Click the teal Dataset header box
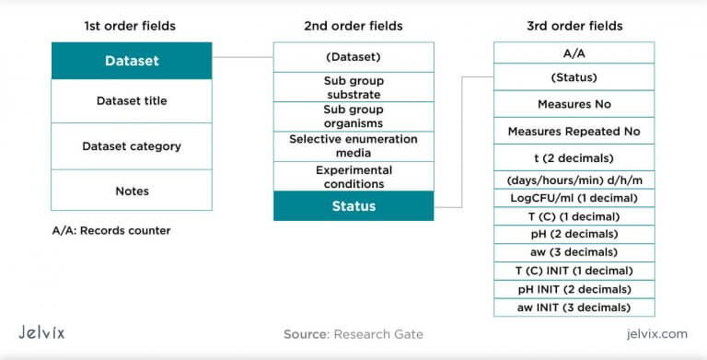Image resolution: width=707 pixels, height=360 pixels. tap(131, 61)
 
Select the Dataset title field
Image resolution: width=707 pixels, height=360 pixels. tap(131, 101)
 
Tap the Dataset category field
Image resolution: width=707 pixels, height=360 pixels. tap(131, 146)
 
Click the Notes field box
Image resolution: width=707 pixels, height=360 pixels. tap(131, 191)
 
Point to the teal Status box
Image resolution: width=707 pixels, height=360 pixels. tap(353, 206)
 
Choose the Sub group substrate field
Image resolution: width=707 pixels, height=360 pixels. tap(353, 87)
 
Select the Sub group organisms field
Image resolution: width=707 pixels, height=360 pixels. tap(353, 116)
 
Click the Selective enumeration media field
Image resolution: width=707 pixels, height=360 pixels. tap(353, 146)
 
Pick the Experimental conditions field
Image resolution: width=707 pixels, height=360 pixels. tap(353, 177)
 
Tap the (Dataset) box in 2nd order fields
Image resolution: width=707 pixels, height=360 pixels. tap(353, 56)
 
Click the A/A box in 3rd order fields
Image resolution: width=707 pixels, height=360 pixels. tap(574, 53)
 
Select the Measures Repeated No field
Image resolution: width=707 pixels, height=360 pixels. tap(574, 132)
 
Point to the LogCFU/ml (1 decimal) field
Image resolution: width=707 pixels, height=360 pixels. tap(574, 198)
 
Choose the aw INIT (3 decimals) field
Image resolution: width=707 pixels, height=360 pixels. tap(574, 307)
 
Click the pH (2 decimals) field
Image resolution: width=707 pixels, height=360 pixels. tap(574, 235)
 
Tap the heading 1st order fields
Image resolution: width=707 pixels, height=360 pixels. tap(130, 26)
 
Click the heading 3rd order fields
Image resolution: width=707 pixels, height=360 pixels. tap(574, 26)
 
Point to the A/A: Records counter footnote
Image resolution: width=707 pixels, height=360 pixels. tap(111, 231)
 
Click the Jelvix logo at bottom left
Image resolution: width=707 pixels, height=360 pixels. tap(41, 332)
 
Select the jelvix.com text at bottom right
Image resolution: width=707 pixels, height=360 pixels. tap(655, 333)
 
